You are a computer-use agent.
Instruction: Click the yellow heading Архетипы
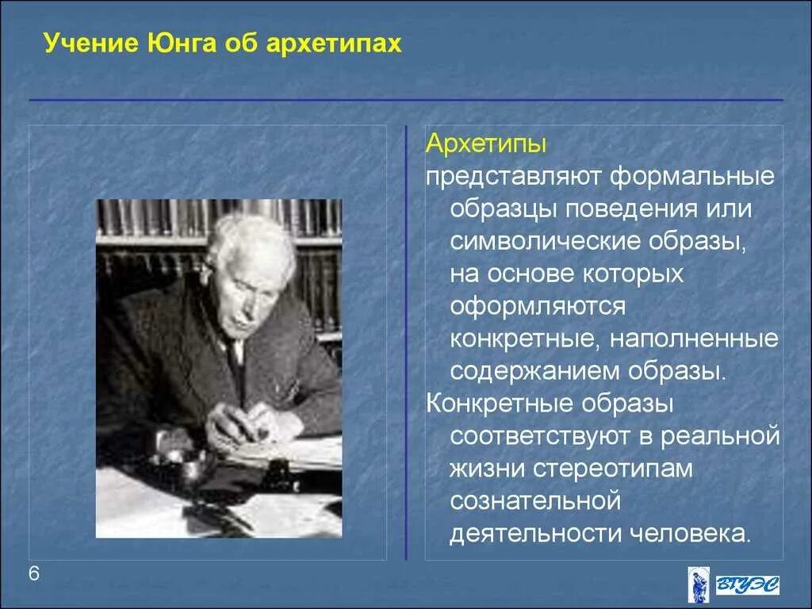click(486, 144)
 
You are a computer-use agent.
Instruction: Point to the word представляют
click(513, 176)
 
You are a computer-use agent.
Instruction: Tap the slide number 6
click(35, 575)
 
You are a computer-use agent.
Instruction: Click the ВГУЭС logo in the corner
click(733, 584)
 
